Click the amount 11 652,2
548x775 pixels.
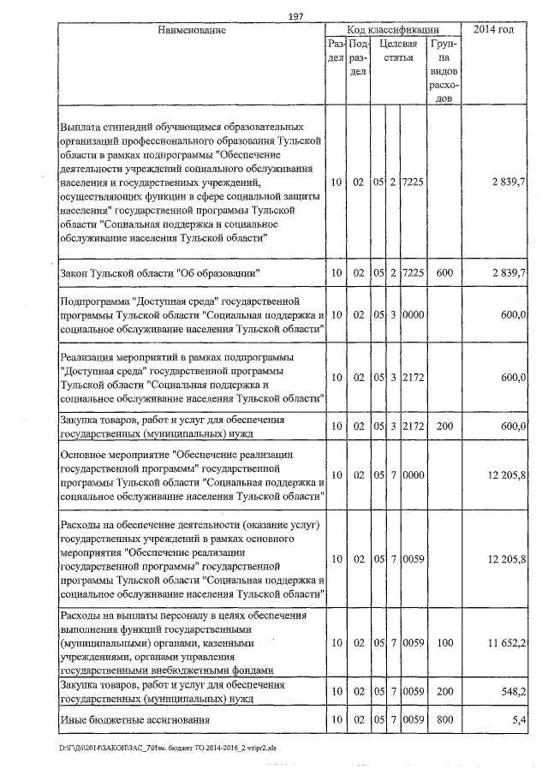tap(503, 641)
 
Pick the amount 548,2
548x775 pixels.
tap(510, 689)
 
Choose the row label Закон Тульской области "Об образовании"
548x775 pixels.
tap(159, 271)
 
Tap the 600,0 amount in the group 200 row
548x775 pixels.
tap(512, 426)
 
